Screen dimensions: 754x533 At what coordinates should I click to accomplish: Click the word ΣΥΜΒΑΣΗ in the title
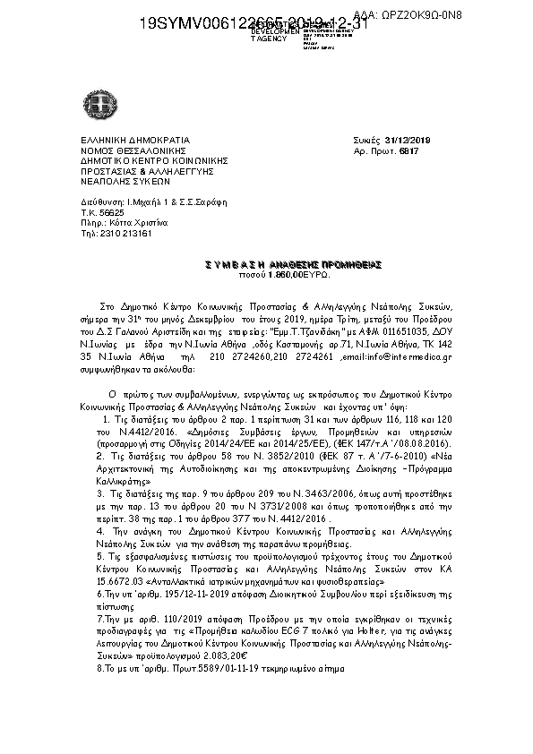[231, 264]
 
